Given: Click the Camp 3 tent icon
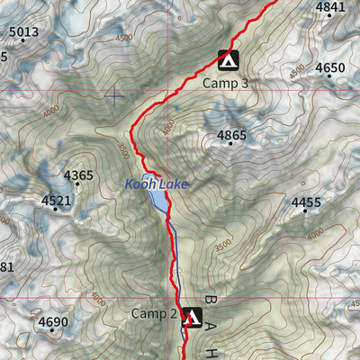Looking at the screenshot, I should tap(228, 60).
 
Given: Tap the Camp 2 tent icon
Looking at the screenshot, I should tap(190, 317).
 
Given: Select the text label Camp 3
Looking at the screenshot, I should tap(225, 83).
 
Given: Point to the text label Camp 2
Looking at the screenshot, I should tap(154, 313).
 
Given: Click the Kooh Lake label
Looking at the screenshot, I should tap(157, 184).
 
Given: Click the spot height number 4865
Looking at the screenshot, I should tap(231, 136).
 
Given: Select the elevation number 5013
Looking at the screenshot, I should tap(24, 33).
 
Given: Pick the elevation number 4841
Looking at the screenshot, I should tap(330, 7).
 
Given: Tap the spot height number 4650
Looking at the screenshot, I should tap(330, 67).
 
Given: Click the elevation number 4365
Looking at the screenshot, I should tap(78, 175).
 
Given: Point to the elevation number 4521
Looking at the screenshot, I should tap(56, 201).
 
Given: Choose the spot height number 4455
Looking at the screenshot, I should tap(306, 202).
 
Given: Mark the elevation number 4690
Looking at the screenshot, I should tap(53, 321).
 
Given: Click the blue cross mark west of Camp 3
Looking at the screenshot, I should tap(114, 95).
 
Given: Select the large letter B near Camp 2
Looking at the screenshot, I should tap(211, 301).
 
